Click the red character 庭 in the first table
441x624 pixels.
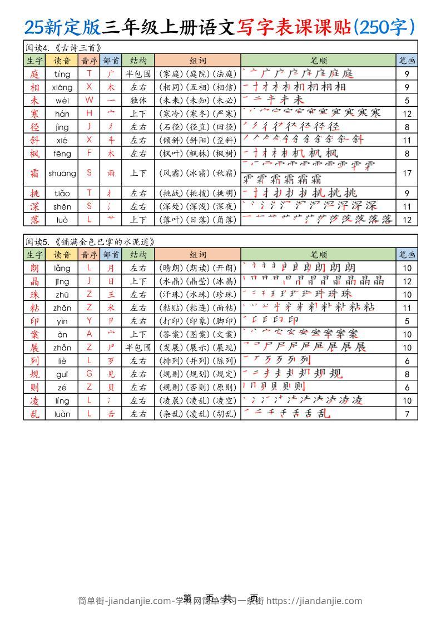pos(35,73)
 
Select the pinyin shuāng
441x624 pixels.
pos(62,173)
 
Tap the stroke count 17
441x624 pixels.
pos(407,173)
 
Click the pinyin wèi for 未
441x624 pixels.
pos(62,100)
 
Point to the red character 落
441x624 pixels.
pos(35,220)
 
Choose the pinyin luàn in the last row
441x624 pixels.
pos(62,414)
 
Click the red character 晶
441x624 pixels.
pos(35,281)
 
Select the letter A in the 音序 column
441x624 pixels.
pos(89,334)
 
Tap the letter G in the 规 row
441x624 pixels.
pos(89,374)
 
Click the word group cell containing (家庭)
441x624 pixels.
pos(197,73)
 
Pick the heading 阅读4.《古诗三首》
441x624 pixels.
pos(63,47)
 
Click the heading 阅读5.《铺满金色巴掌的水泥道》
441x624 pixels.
pos(90,241)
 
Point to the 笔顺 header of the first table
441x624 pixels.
pos(319,60)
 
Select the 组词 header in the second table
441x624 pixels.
pos(197,254)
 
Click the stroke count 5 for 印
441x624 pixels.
pos(407,321)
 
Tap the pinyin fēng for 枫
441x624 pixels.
pos(62,153)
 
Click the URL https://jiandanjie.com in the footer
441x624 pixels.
pos(314,601)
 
